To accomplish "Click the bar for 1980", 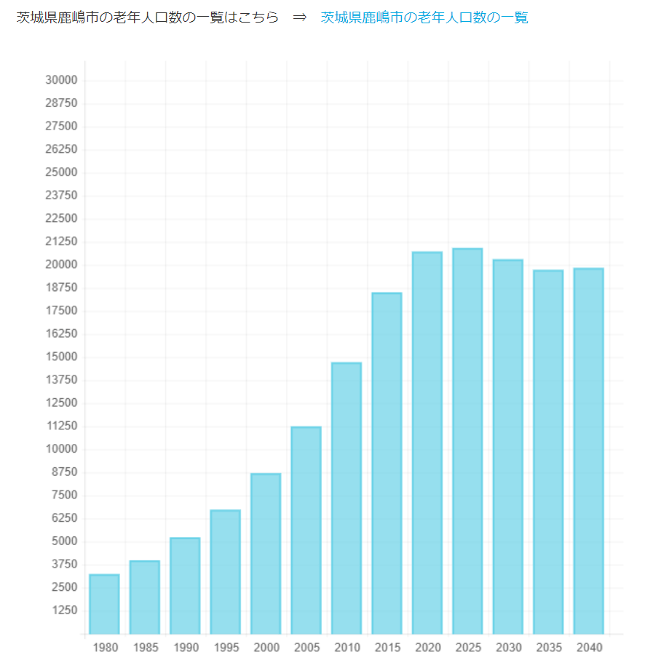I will tap(104, 604).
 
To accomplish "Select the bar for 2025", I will tap(467, 441).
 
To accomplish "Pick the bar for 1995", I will tap(226, 572).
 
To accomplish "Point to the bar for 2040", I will tap(588, 451).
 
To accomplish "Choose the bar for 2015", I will tap(387, 463).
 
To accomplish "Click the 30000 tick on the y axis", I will tap(61, 80).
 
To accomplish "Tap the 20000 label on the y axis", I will tap(61, 265).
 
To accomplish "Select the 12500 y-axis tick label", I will tap(61, 403).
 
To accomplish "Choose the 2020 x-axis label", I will tap(427, 647).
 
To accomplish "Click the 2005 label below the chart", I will tap(306, 647).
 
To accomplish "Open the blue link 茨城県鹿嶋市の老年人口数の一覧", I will tap(424, 17).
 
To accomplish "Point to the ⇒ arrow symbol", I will tap(300, 17).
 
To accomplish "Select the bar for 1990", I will tap(185, 586).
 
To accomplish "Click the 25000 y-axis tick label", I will tap(61, 172).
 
